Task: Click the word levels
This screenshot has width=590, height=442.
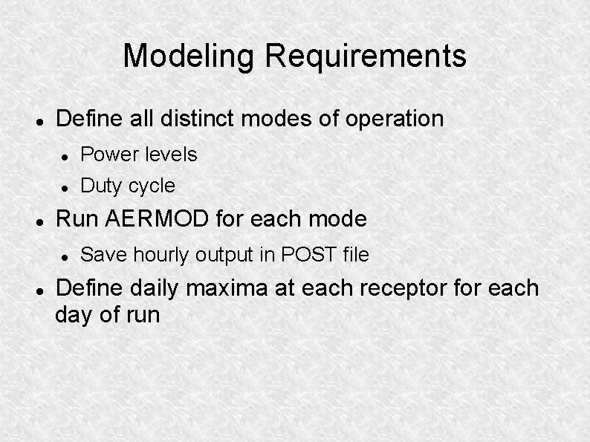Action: coord(169,155)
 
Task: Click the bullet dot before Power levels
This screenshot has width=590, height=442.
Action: coord(65,155)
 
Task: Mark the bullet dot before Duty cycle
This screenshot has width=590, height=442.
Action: coord(65,186)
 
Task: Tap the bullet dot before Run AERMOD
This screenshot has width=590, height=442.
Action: coord(42,220)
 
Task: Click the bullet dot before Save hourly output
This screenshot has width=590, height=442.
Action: coord(65,256)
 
